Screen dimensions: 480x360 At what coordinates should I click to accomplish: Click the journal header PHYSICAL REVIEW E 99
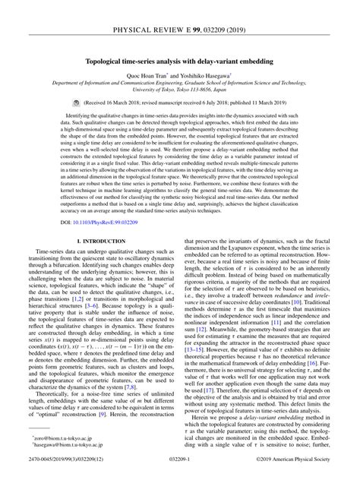coord(180,9)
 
